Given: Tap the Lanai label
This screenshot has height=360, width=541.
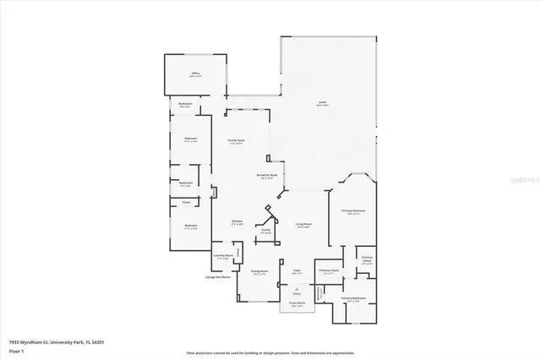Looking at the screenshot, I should pyautogui.click(x=322, y=103).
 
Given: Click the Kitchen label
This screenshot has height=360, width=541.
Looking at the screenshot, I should pyautogui.click(x=238, y=222).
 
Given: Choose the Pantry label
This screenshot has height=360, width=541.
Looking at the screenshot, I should pyautogui.click(x=265, y=231).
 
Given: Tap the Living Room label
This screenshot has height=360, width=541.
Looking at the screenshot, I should pyautogui.click(x=302, y=225).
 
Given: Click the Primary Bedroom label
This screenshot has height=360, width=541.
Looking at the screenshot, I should pyautogui.click(x=352, y=211).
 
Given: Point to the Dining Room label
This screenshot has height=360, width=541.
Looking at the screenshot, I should pyautogui.click(x=259, y=272).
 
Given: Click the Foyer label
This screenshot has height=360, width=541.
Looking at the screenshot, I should pyautogui.click(x=297, y=272).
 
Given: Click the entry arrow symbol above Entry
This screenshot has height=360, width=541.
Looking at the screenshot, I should pyautogui.click(x=297, y=287).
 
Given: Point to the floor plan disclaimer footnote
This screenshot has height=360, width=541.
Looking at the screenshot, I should pyautogui.click(x=270, y=352).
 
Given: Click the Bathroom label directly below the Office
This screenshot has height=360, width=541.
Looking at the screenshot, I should pyautogui.click(x=184, y=105).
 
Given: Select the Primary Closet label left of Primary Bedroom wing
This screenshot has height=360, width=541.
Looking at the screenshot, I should pyautogui.click(x=329, y=271).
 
